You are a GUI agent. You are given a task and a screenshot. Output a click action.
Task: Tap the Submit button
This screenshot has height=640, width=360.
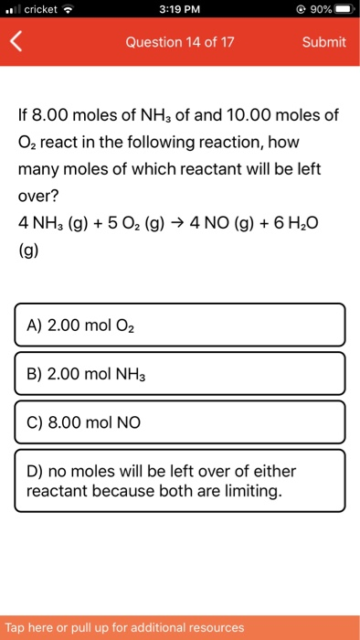point(324,42)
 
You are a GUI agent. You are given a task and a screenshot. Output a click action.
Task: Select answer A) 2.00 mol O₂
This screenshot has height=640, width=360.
point(180,325)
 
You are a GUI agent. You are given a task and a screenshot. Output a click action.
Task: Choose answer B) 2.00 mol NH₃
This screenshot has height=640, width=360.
point(180,373)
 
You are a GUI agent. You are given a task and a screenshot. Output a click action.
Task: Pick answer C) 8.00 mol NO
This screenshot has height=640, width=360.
point(180,422)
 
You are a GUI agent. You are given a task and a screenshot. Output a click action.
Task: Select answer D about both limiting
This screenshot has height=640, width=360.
point(180,481)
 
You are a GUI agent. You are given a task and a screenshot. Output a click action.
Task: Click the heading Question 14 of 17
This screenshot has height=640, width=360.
point(180,42)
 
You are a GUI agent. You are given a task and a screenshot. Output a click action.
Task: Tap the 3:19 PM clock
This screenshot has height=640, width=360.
point(179,10)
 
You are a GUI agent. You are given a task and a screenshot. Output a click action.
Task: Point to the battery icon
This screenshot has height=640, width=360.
point(343,10)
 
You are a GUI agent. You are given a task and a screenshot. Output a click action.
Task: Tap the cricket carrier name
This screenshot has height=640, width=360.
point(42,10)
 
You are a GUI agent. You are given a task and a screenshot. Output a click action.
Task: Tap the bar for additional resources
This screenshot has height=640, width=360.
point(180,627)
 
